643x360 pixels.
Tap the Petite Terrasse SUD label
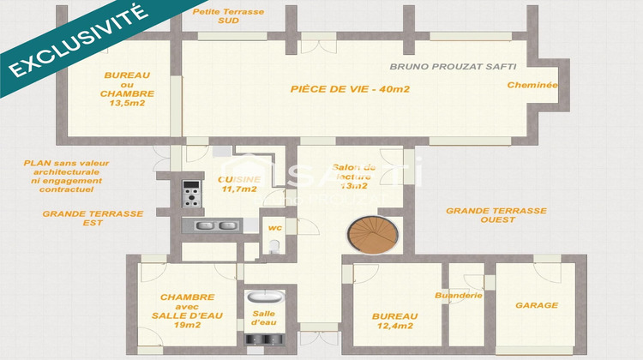pos(229,16)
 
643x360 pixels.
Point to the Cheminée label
pos(532,85)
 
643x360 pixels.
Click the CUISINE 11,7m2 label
pos(238,183)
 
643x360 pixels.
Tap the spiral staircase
pos(370,234)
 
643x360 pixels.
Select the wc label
pos(274,228)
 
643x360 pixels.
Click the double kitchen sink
pos(215,225)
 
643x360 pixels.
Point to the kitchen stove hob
pos(190,194)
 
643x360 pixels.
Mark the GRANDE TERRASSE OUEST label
pos(496,214)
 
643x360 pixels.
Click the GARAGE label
pos(537,305)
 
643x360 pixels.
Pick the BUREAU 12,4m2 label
pos(394,321)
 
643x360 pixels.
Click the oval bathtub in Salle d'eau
pos(260,299)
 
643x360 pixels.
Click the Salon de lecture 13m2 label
pos(353,176)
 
